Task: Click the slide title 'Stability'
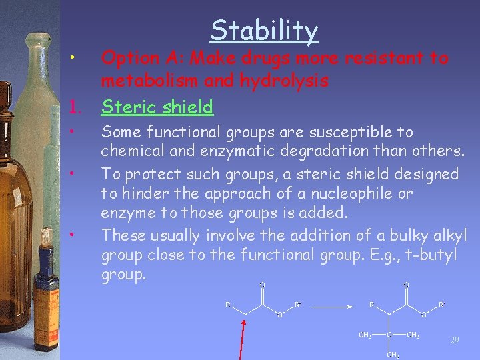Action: click(264, 31)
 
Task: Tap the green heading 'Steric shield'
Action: click(157, 107)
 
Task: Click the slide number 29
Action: click(455, 340)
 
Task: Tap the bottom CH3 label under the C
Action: click(393, 355)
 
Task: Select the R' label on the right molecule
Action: click(441, 305)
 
